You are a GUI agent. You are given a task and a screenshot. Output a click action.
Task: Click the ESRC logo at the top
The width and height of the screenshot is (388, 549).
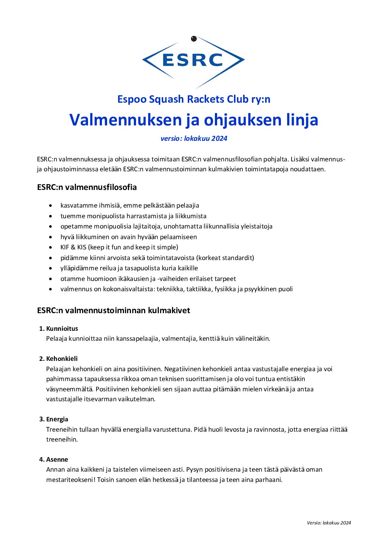pyautogui.click(x=193, y=60)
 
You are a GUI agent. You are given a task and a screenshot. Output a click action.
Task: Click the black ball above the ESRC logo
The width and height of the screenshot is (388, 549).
pyautogui.click(x=194, y=39)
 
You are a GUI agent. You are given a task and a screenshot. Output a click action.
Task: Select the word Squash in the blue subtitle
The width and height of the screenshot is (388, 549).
pyautogui.click(x=166, y=99)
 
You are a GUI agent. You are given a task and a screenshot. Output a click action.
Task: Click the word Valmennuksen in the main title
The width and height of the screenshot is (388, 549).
pyautogui.click(x=125, y=120)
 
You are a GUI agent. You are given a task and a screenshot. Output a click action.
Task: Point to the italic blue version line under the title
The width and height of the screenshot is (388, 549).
pyautogui.click(x=194, y=138)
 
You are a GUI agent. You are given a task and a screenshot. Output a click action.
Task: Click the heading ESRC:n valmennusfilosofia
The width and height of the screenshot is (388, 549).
pyautogui.click(x=87, y=187)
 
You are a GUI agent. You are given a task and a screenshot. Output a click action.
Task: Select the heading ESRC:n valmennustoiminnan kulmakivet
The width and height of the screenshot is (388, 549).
pyautogui.click(x=113, y=310)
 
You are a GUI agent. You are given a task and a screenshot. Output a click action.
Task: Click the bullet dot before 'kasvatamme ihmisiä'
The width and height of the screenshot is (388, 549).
pyautogui.click(x=51, y=206)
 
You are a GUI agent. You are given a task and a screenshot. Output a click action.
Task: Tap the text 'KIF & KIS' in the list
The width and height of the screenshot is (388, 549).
pyautogui.click(x=73, y=247)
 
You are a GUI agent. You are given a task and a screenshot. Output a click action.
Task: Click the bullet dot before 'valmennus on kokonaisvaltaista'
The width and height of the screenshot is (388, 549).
pyautogui.click(x=51, y=289)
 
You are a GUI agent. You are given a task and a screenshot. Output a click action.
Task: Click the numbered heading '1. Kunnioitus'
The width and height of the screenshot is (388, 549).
pyautogui.click(x=59, y=329)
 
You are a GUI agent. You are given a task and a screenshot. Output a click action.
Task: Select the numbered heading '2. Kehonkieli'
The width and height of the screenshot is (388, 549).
pyautogui.click(x=59, y=359)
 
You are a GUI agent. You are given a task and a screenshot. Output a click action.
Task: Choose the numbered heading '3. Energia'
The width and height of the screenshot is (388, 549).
pyautogui.click(x=54, y=419)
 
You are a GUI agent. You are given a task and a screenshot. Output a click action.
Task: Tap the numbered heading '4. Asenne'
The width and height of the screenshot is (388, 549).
pyautogui.click(x=54, y=460)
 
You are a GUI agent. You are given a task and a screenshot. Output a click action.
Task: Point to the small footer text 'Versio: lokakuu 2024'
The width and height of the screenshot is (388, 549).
pyautogui.click(x=329, y=523)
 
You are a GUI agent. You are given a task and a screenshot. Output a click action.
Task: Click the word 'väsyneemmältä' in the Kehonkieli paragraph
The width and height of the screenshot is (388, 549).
pyautogui.click(x=69, y=389)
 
